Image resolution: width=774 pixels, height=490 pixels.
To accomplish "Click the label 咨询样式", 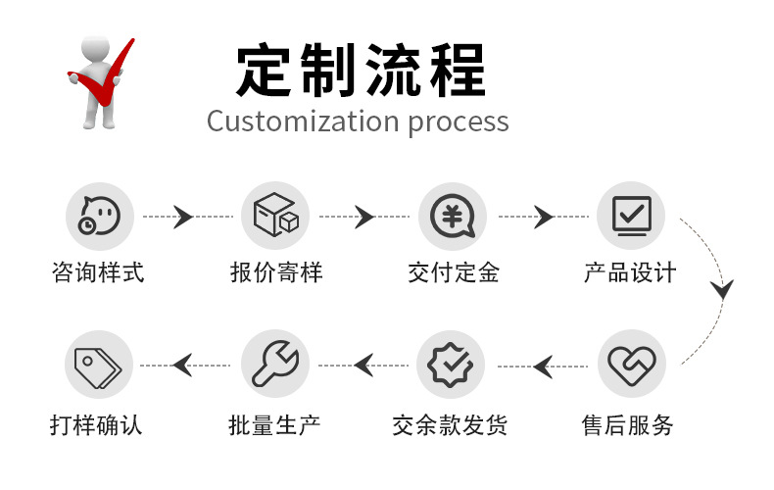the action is pyautogui.click(x=98, y=272).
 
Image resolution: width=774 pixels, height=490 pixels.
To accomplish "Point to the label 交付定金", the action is pyautogui.click(x=453, y=272).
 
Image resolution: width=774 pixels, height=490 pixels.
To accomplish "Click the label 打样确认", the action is pyautogui.click(x=97, y=425).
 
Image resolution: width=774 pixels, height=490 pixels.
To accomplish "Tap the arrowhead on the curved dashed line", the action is pyautogui.click(x=723, y=290).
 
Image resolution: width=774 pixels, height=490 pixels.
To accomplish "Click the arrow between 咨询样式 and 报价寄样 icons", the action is pyautogui.click(x=182, y=217).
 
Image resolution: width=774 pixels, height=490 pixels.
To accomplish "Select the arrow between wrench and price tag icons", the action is pyautogui.click(x=182, y=366).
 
